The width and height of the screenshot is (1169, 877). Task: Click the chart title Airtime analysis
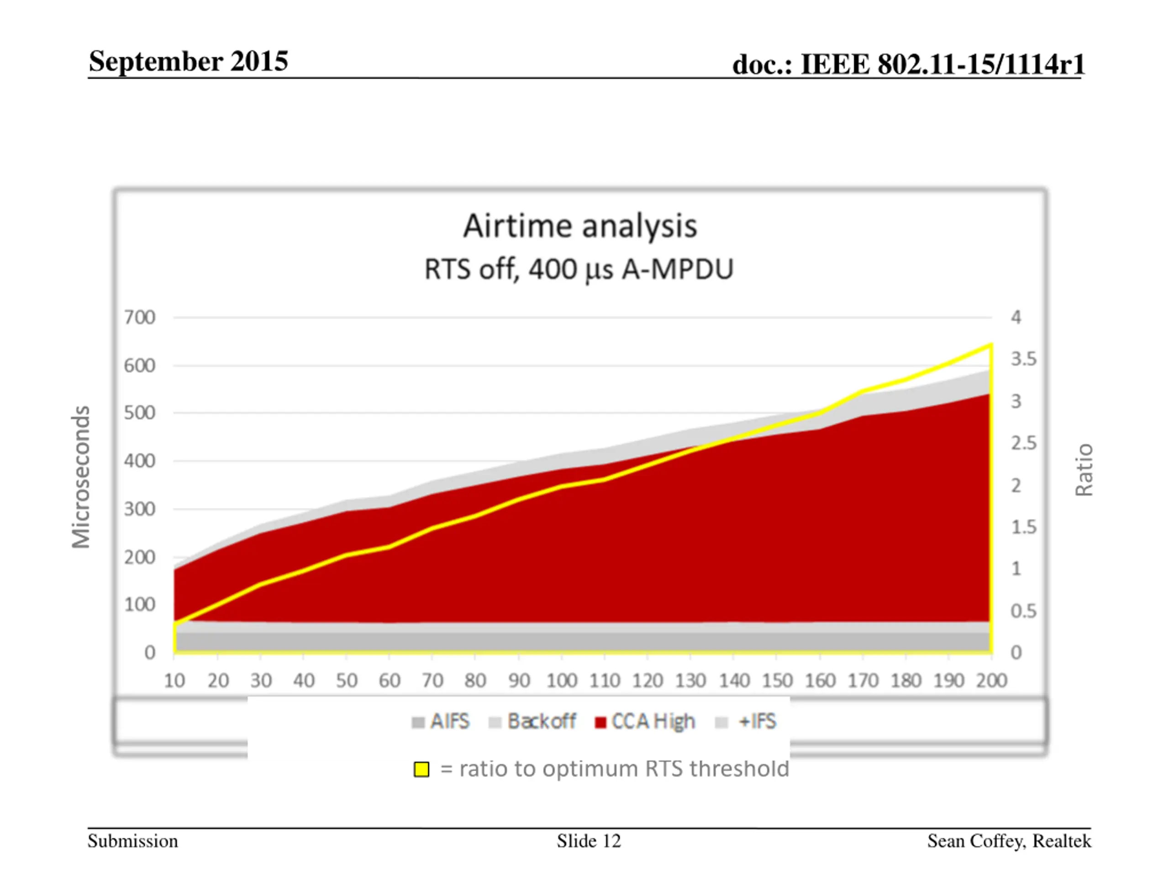pyautogui.click(x=580, y=226)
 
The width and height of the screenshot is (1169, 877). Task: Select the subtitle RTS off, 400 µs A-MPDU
pyautogui.click(x=579, y=269)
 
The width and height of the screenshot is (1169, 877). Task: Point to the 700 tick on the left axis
pyautogui.click(x=140, y=318)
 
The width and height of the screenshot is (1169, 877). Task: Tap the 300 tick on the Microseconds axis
pyautogui.click(x=140, y=509)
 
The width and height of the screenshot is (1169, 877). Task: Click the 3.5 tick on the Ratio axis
pyautogui.click(x=1023, y=359)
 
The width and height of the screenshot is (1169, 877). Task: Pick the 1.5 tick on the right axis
pyautogui.click(x=1023, y=527)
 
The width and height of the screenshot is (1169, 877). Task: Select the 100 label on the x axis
pyautogui.click(x=561, y=680)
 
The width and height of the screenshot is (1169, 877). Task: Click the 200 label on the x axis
pyautogui.click(x=991, y=680)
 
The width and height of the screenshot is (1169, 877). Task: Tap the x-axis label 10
pyautogui.click(x=174, y=680)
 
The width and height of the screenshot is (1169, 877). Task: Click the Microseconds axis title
pyautogui.click(x=81, y=477)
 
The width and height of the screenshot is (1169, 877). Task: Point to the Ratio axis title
pyautogui.click(x=1084, y=470)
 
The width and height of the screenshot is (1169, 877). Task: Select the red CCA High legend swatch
pyautogui.click(x=600, y=723)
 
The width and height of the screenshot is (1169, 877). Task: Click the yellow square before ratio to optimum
pyautogui.click(x=421, y=769)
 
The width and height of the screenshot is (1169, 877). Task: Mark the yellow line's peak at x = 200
pyautogui.click(x=990, y=345)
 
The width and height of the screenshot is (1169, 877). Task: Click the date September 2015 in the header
pyautogui.click(x=188, y=61)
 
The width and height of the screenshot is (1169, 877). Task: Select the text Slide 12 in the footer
pyautogui.click(x=589, y=841)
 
